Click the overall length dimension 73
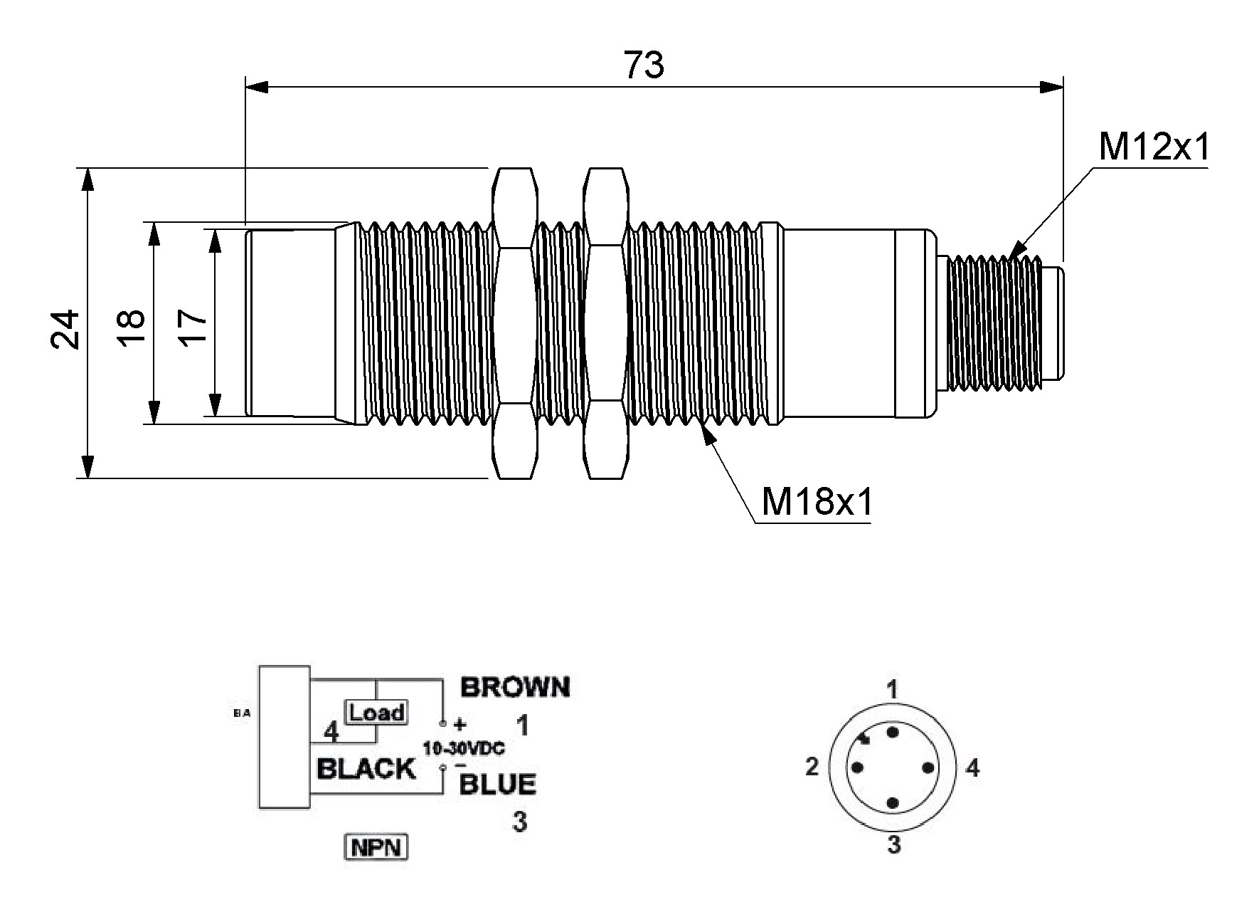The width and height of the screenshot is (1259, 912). [x=644, y=65]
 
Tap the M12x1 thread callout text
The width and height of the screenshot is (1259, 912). [x=1153, y=147]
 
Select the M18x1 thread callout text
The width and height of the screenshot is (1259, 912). [x=816, y=502]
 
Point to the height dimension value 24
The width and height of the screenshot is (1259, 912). [x=65, y=328]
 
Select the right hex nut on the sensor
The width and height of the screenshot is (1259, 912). [x=606, y=323]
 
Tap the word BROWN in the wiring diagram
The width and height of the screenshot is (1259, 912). [x=515, y=687]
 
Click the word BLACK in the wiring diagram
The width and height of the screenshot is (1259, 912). [x=366, y=769]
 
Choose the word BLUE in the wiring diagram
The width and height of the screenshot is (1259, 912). [x=497, y=784]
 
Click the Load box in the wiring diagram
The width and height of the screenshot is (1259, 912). [x=376, y=712]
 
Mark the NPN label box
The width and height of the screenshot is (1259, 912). [x=376, y=847]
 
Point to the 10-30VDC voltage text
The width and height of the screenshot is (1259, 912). [x=464, y=749]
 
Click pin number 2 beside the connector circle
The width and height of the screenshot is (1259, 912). [x=812, y=767]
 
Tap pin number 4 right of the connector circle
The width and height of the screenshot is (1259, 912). [x=972, y=767]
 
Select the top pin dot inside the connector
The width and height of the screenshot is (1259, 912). [x=893, y=733]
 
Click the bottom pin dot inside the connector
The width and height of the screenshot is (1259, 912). [x=893, y=803]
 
